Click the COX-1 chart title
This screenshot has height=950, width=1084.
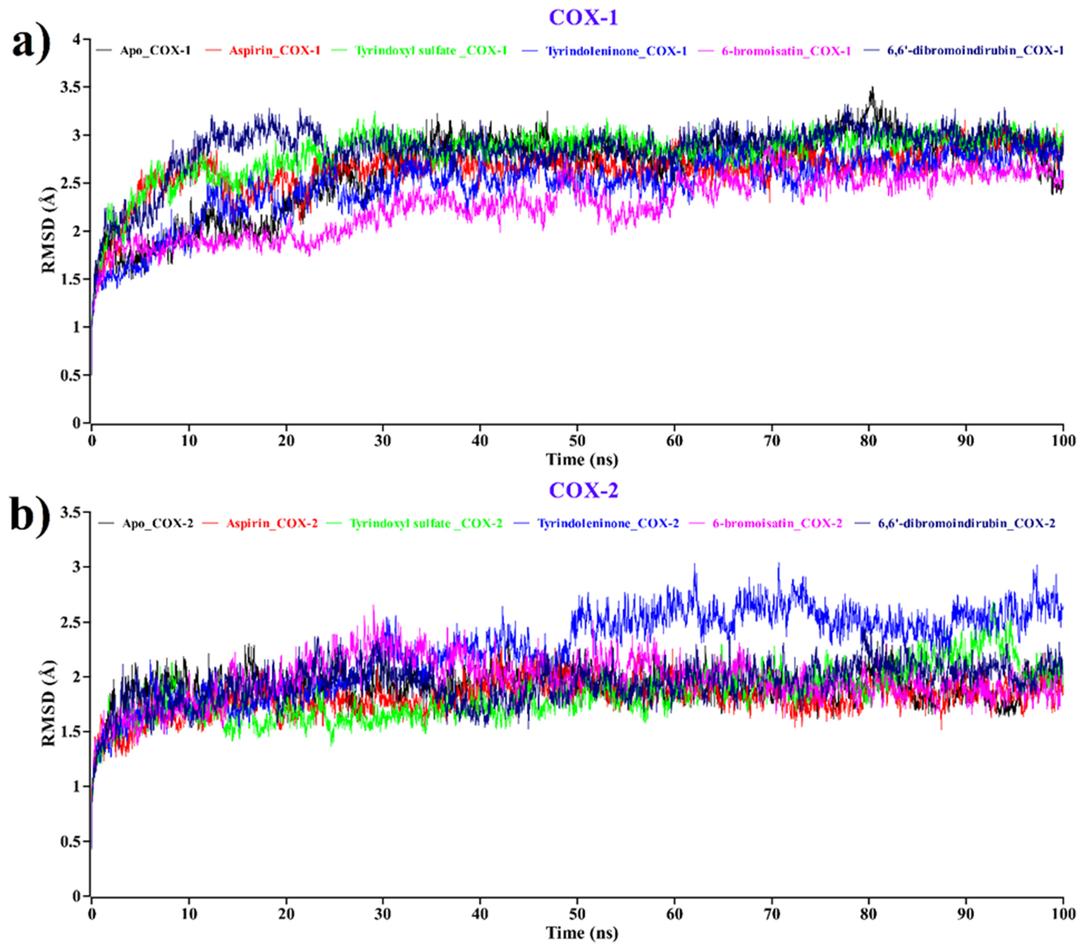point(583,18)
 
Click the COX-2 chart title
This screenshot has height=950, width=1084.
point(583,490)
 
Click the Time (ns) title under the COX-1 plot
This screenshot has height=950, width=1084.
point(582,459)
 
